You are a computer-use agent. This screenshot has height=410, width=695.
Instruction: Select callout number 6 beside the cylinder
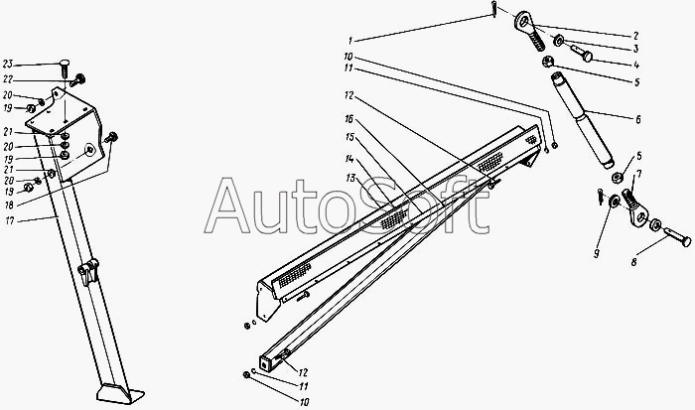(x=637, y=120)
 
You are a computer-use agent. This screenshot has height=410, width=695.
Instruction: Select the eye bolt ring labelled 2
(x=522, y=17)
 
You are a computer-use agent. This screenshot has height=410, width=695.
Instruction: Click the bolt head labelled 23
(x=65, y=63)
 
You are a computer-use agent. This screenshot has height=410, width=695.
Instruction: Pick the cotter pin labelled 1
(x=494, y=10)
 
